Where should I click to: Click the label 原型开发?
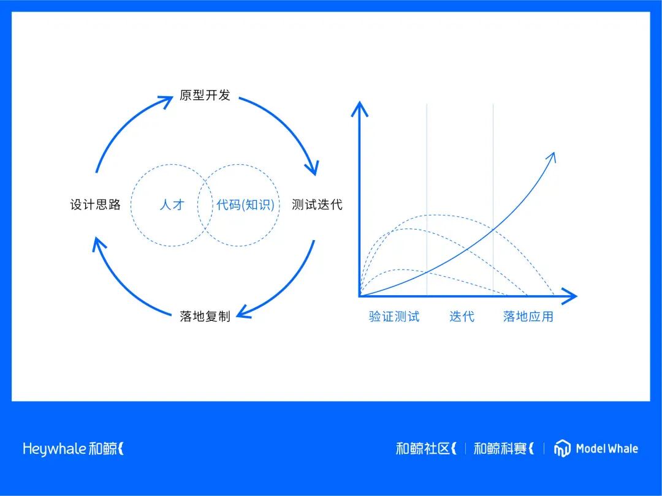[205, 96]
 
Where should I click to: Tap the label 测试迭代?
[317, 205]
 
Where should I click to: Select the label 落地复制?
[205, 316]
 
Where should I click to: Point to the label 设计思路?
[95, 205]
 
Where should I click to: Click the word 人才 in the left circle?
[172, 205]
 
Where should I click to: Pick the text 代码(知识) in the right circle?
[245, 205]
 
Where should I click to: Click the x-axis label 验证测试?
[394, 317]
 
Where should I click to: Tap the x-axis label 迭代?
[462, 317]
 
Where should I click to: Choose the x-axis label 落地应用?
[528, 317]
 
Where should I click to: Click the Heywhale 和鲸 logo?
[73, 448]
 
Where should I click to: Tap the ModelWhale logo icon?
[562, 448]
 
